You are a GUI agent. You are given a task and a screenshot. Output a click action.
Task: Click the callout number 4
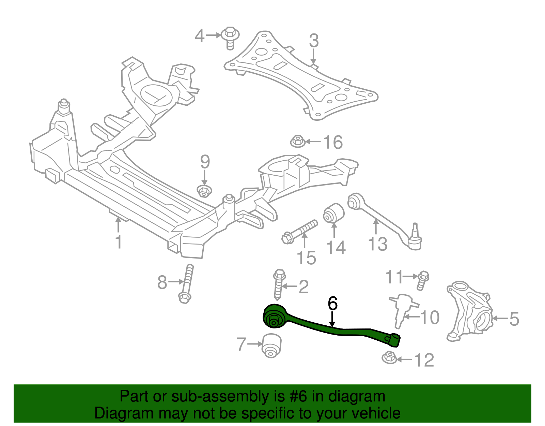(200, 36)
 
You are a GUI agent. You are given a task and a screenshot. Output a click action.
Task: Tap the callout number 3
(314, 40)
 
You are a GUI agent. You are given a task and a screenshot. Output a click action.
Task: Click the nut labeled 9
(204, 191)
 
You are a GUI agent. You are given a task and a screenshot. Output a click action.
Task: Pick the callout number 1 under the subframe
(119, 242)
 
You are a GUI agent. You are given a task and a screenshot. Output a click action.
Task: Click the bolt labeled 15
(300, 232)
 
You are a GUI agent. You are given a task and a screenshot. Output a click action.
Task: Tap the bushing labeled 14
(333, 213)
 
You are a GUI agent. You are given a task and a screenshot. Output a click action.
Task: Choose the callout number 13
(378, 244)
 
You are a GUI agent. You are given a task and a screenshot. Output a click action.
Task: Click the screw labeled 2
(279, 285)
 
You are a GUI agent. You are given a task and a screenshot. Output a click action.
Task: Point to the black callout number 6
(332, 303)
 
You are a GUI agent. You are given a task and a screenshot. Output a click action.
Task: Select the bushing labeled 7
(271, 345)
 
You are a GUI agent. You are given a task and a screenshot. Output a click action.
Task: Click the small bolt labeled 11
(423, 280)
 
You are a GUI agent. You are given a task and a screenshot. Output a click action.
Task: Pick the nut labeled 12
(389, 357)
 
